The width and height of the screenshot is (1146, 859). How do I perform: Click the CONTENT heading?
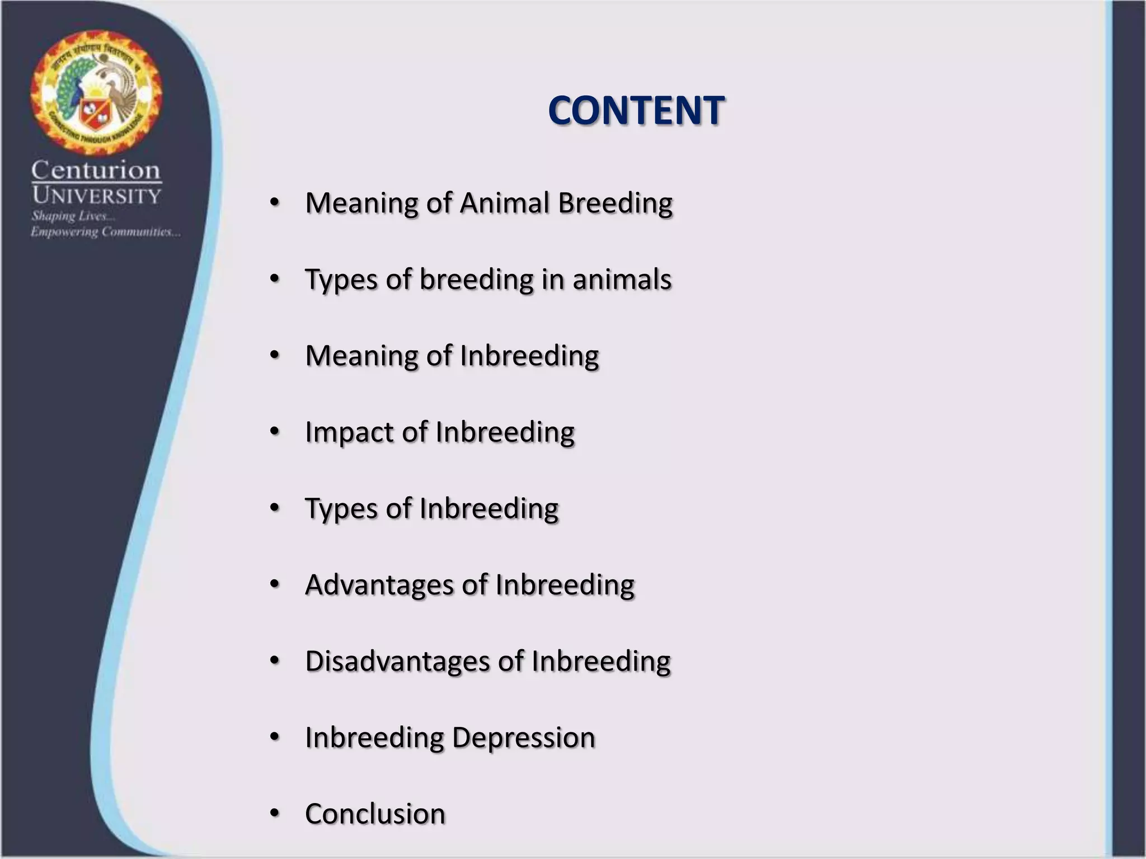tap(636, 110)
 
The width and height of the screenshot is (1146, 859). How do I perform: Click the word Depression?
tap(523, 737)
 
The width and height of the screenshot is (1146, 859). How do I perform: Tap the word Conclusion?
tap(375, 814)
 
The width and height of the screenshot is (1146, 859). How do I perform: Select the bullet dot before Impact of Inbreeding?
tap(274, 431)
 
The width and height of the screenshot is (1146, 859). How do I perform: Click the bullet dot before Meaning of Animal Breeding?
tap(274, 202)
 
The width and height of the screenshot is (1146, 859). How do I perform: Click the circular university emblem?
tap(96, 93)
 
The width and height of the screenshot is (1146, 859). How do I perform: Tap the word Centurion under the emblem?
tap(96, 170)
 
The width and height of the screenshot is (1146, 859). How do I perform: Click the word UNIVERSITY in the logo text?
tap(96, 196)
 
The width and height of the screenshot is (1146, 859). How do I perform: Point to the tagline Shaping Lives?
tap(73, 216)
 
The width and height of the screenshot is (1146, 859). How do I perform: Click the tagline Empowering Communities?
tap(105, 232)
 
